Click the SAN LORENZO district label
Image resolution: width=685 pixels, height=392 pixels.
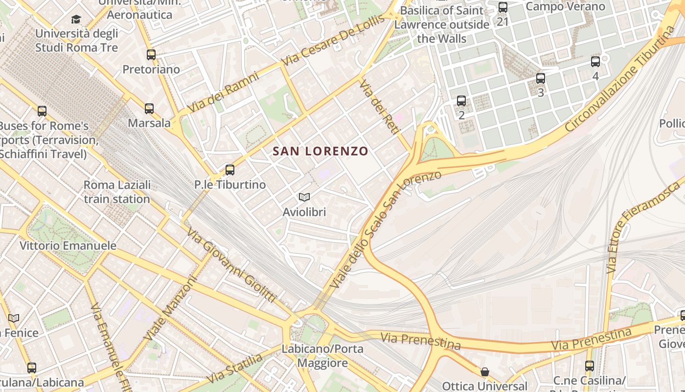[320, 151]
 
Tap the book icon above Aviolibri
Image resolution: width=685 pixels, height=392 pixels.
[304, 197]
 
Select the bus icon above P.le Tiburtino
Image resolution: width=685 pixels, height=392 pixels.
[230, 170]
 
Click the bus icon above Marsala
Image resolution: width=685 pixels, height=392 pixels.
[149, 109]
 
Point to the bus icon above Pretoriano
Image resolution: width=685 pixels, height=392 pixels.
[151, 55]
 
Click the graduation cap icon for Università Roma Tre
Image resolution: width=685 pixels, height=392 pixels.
[76, 19]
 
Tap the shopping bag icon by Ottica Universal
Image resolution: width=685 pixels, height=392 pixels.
[484, 372]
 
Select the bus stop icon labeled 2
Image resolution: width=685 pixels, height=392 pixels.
[461, 101]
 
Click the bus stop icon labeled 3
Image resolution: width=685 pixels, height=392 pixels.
[541, 78]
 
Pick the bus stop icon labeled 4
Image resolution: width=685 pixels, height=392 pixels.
[595, 62]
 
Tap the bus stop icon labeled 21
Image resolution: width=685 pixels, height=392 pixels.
[503, 7]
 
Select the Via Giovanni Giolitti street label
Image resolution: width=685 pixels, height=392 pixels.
[232, 266]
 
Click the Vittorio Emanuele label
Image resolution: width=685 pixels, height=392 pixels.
[68, 245]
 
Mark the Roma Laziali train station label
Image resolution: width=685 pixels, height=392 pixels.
[117, 192]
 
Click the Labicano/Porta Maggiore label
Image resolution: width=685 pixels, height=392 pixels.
[322, 356]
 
